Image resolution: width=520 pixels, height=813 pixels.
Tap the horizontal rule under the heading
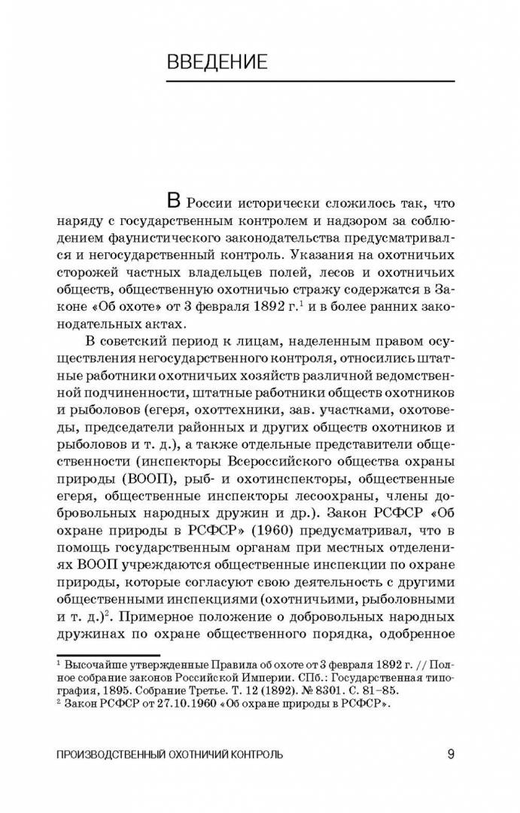[310, 81]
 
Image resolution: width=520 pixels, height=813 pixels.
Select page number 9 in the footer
[450, 754]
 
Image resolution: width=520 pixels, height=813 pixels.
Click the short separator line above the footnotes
[108, 656]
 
